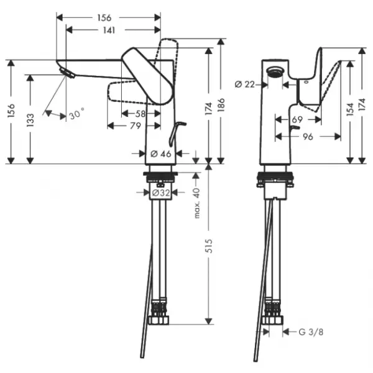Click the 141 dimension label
pos(109,30)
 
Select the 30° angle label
pos(77,114)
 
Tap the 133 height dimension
pos(30,119)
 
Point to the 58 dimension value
pos(140,114)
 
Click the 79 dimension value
pos(135,126)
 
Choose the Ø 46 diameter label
pos(161,154)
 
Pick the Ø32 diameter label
pos(161,193)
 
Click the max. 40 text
pos(197,203)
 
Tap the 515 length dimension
pos(209,246)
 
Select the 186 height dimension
pos(221,105)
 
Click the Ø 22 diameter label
pos(244,84)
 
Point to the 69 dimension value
pos(297,119)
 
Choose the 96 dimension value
pos(308,137)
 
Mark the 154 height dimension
pos(350,109)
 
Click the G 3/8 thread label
pos(311,332)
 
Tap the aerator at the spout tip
pos(67,73)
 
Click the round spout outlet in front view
pos(275,71)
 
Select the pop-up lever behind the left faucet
pos(177,134)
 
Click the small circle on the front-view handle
pos(306,82)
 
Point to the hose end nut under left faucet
pos(159,320)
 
